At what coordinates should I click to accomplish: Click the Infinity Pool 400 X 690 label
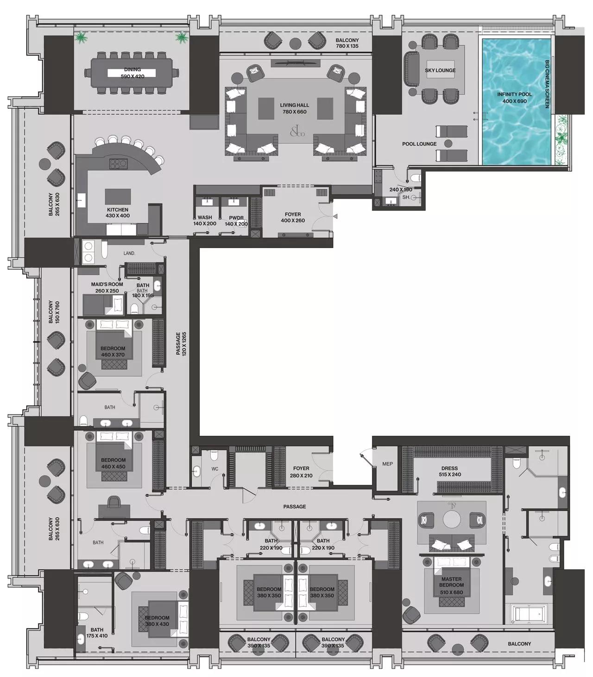(x=515, y=98)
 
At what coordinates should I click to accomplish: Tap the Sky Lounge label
(x=440, y=70)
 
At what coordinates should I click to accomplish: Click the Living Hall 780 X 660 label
(x=294, y=108)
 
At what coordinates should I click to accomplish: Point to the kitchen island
(x=118, y=196)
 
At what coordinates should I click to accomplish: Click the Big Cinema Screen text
(x=547, y=84)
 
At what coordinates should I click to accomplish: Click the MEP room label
(x=387, y=464)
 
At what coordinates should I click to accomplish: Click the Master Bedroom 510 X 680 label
(x=451, y=582)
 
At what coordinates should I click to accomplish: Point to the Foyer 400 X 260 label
(x=293, y=217)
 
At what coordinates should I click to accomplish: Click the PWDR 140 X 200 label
(x=236, y=221)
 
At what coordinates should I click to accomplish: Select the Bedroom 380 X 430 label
(x=157, y=621)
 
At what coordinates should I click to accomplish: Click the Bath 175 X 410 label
(x=97, y=633)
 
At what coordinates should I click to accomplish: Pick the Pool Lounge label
(x=419, y=144)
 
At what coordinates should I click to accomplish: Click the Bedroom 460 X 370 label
(x=113, y=352)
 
